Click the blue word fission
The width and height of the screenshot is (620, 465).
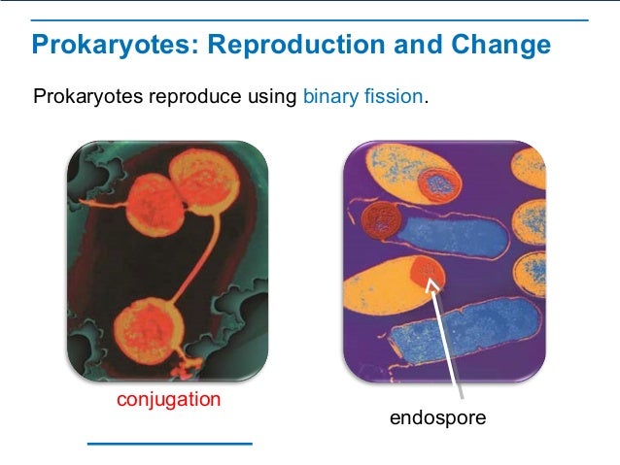pos(395,97)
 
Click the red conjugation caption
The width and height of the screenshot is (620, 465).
pos(168,400)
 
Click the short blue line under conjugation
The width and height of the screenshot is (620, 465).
pos(169,443)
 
